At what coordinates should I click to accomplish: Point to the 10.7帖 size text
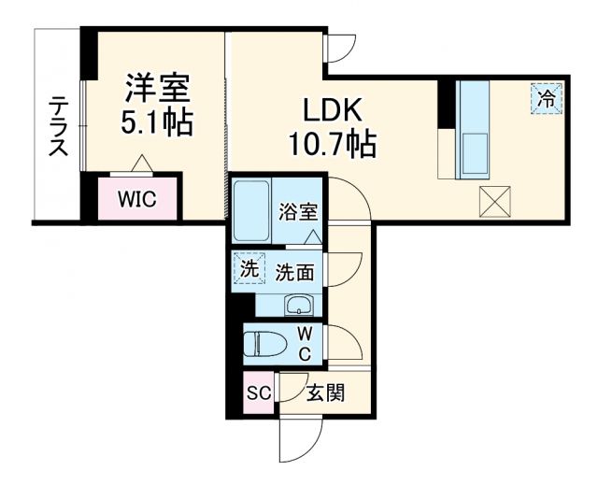332,143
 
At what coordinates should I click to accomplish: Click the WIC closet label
136,198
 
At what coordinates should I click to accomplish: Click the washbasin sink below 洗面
299,305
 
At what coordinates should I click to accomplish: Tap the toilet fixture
265,343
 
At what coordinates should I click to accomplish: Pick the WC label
305,343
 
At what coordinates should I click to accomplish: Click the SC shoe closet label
258,392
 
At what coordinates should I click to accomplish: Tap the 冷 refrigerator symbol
548,96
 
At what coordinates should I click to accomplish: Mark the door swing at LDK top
340,48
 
